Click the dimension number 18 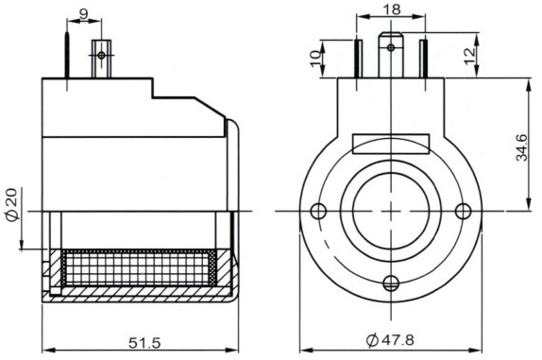[x=391, y=9]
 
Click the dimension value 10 [x=314, y=59]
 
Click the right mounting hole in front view [x=462, y=210]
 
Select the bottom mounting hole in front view [x=391, y=281]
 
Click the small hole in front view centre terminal [x=391, y=45]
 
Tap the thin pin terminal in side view [x=68, y=57]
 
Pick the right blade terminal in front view [x=423, y=57]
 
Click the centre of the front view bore [x=391, y=210]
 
